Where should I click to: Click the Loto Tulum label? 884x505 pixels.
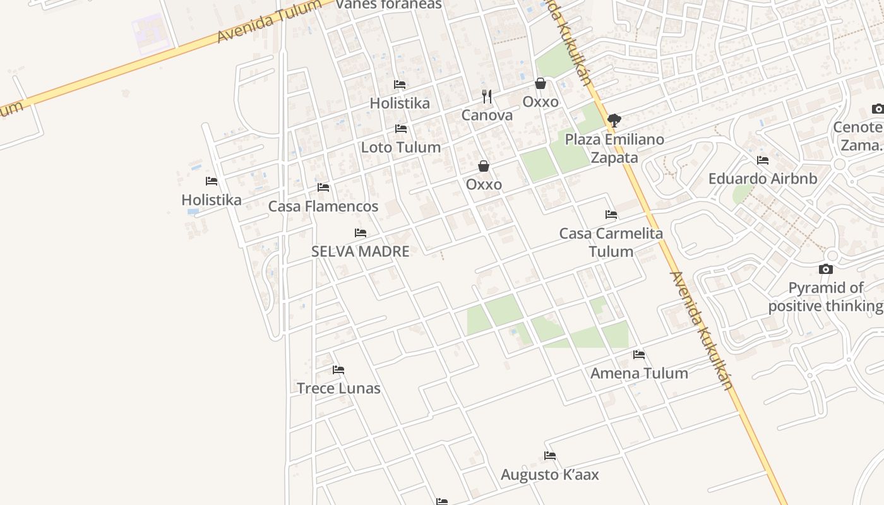click(x=400, y=147)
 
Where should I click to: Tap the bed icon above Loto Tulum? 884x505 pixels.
click(x=400, y=129)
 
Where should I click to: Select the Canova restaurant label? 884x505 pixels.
click(x=487, y=116)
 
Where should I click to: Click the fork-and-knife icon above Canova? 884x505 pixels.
click(x=487, y=97)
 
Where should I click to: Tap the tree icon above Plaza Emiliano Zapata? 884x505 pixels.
click(x=614, y=121)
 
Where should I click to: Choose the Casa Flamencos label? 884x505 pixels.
click(x=323, y=206)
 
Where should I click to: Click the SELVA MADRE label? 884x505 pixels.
click(x=361, y=251)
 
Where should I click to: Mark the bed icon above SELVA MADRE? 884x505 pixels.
click(x=361, y=233)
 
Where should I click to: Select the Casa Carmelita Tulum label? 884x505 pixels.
click(x=611, y=242)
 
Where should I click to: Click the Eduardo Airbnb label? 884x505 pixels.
click(x=763, y=179)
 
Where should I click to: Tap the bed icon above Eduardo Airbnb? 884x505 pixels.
click(x=763, y=160)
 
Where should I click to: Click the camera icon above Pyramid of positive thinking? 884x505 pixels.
click(x=825, y=270)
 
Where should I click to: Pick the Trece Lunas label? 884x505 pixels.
click(x=338, y=388)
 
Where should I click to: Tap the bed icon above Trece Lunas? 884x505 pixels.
click(x=338, y=370)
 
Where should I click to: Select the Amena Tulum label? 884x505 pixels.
click(x=639, y=373)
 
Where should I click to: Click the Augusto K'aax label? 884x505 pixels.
click(x=550, y=475)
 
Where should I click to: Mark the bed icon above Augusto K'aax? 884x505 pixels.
click(x=550, y=456)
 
